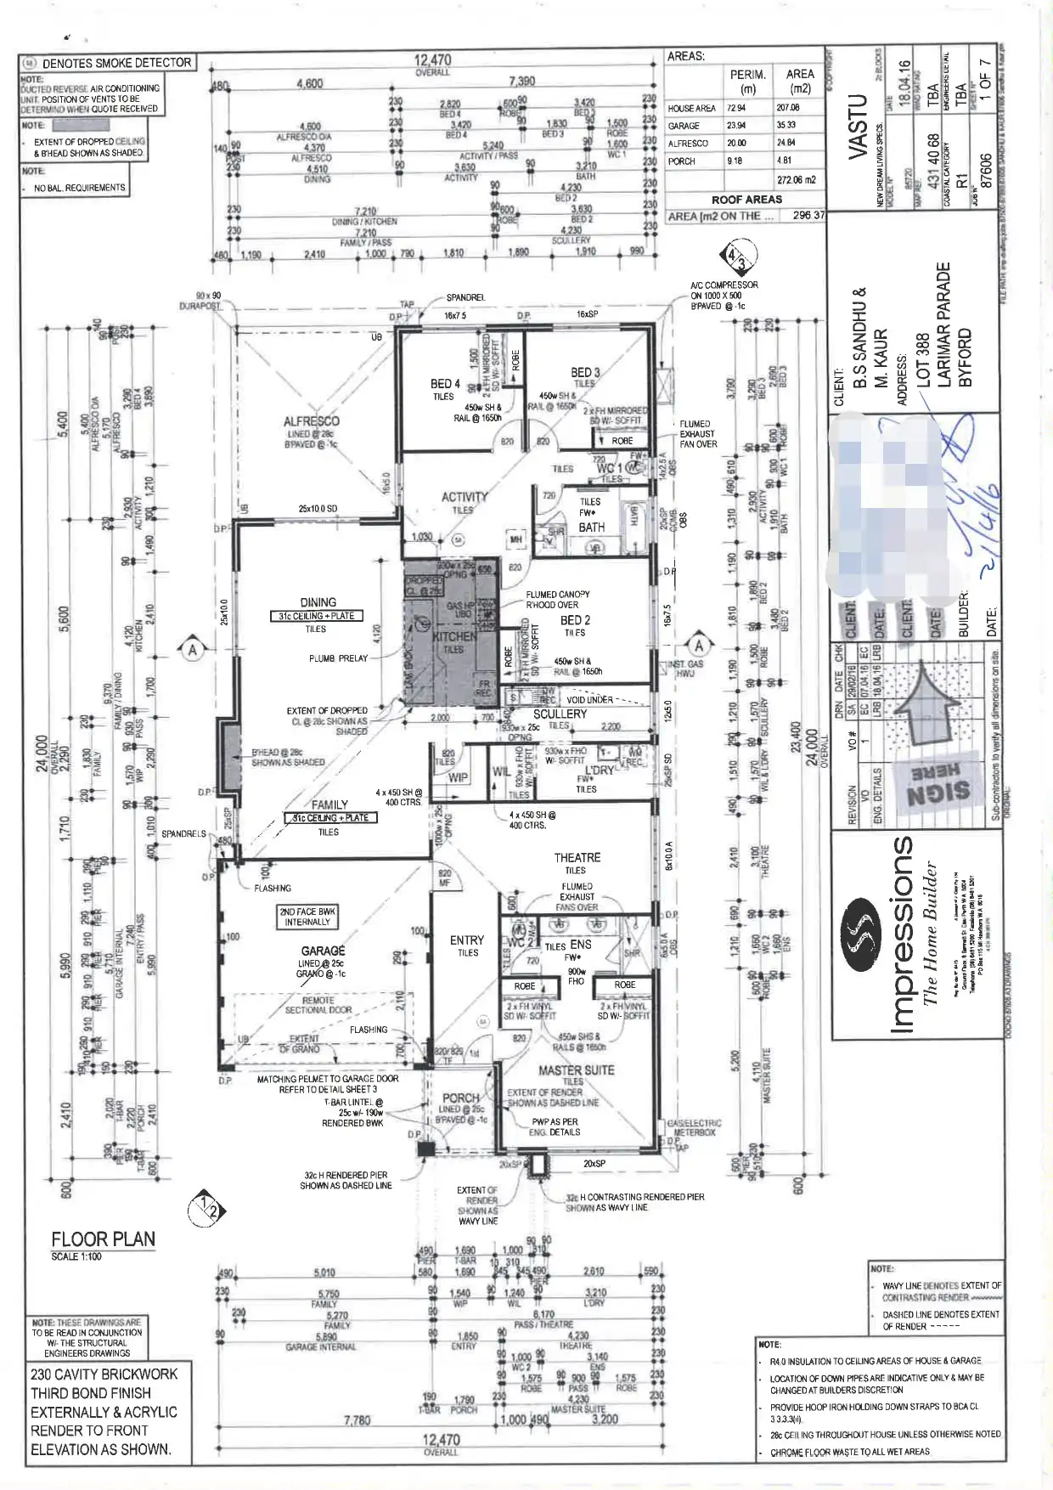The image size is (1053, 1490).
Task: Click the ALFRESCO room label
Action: coord(311,421)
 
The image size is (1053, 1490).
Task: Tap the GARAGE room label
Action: coord(323,951)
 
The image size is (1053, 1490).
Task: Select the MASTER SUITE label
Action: coord(576,1070)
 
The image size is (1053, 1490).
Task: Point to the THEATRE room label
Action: coord(577,858)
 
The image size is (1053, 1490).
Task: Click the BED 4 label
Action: coord(445,384)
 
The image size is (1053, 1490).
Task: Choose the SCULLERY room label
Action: coord(560,714)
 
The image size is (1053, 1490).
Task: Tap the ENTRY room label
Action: coord(467,940)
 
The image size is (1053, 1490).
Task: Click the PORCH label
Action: coord(461,1098)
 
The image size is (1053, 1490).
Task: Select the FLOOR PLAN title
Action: coord(103,1239)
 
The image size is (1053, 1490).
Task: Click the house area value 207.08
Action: coord(787,108)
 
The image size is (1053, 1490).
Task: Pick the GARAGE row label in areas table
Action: coord(684,126)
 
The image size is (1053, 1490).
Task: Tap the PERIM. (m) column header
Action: coord(747,81)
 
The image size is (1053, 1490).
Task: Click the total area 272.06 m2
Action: coord(796,180)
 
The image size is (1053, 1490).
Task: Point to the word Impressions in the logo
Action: coord(901,934)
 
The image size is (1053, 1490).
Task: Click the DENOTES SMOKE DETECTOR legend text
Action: coord(116,63)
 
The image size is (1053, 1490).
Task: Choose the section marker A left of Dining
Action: coord(193,650)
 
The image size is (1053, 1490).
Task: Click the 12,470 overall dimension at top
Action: coord(432,60)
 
